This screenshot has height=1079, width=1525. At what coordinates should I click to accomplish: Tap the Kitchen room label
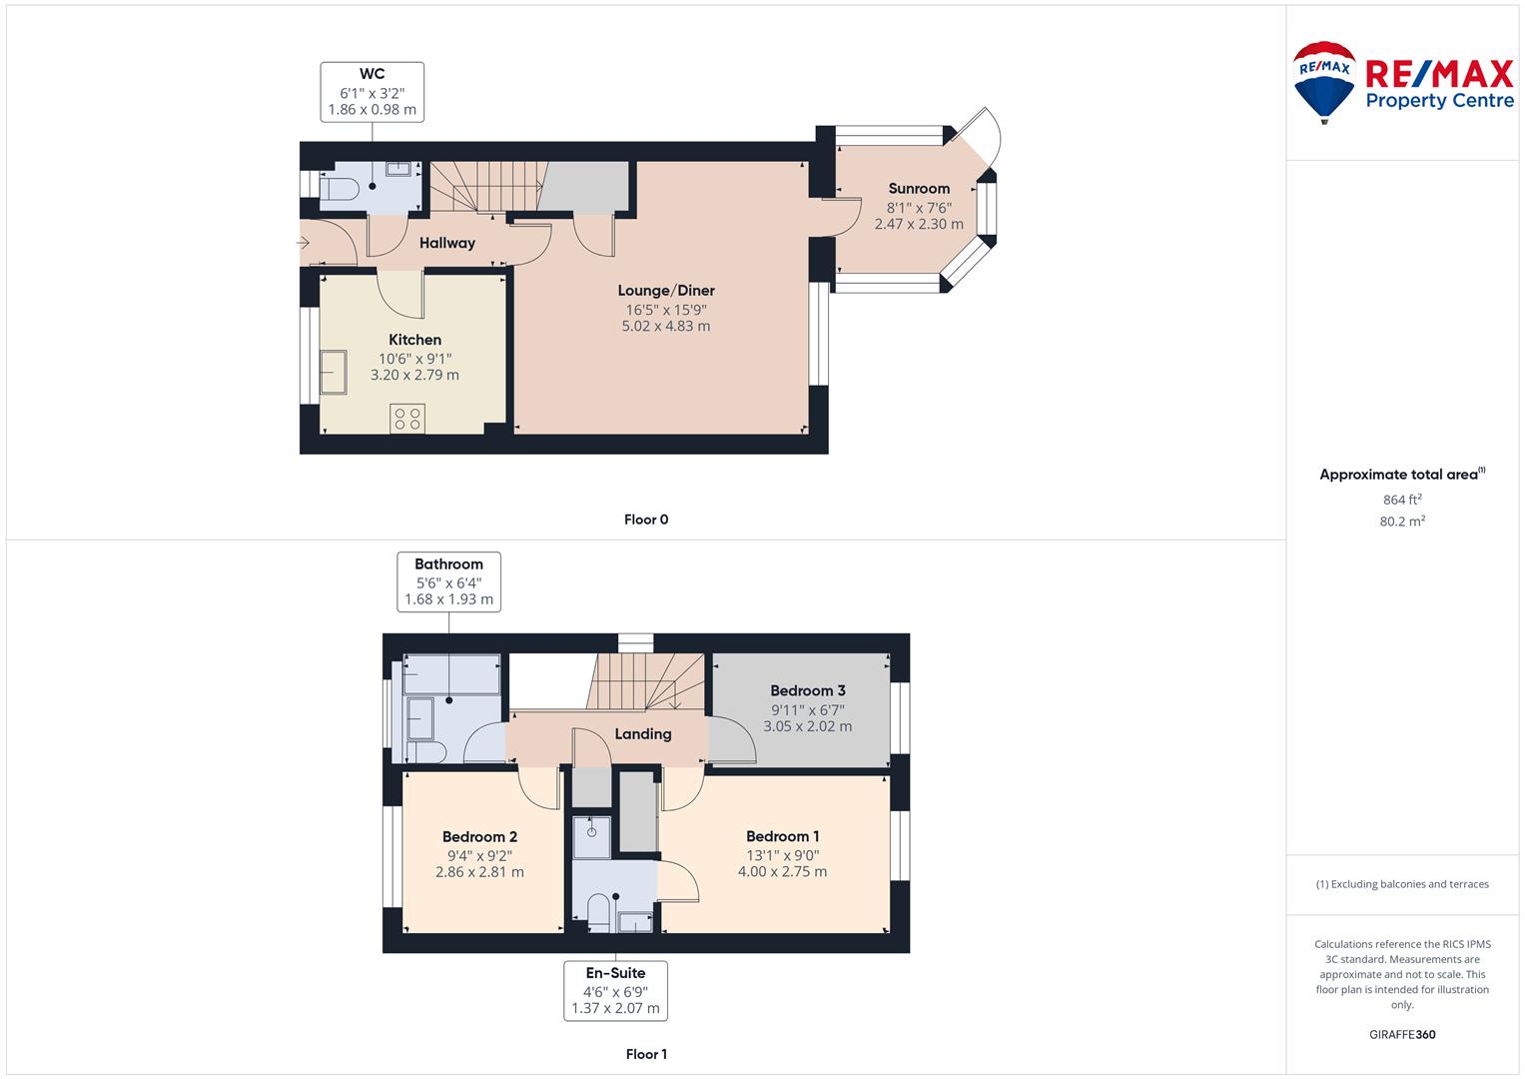(414, 340)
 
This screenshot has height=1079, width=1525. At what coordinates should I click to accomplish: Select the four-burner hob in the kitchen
(407, 419)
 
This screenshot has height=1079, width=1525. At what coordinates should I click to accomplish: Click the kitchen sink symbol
(333, 373)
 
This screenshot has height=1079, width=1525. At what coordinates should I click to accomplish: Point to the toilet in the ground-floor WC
(340, 189)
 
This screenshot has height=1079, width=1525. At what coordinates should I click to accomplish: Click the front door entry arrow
(304, 243)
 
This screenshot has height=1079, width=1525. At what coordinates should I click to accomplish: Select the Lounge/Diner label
(666, 291)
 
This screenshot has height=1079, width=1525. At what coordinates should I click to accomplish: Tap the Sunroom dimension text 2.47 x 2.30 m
(919, 225)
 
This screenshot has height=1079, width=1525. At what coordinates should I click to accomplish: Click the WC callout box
(373, 92)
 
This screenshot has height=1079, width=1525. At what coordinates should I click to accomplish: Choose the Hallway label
(446, 243)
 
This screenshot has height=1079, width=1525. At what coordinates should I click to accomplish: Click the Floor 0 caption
(645, 520)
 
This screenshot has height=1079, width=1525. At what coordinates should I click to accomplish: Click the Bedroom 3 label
(808, 690)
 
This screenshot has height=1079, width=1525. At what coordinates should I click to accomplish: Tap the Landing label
(642, 734)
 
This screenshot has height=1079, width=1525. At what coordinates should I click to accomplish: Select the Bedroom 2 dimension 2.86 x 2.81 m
(479, 872)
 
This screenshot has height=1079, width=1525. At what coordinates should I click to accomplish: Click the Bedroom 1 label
(782, 836)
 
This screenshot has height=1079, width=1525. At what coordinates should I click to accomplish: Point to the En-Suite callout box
(614, 990)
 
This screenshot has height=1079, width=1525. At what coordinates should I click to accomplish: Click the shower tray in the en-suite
(591, 837)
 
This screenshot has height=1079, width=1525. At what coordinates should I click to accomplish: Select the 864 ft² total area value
(1401, 500)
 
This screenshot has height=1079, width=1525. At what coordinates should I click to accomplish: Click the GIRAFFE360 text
(1401, 1035)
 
